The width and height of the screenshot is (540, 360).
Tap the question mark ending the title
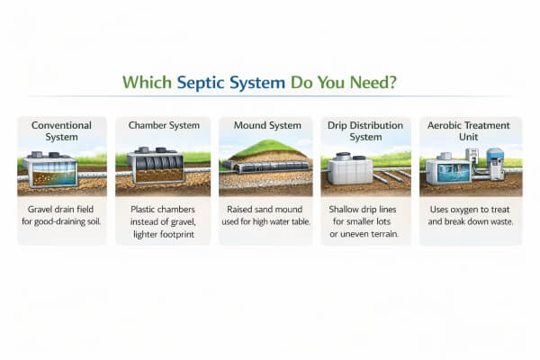(x=395, y=82)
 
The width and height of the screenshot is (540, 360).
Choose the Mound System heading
(x=267, y=125)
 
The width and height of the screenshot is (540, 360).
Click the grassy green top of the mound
(x=266, y=153)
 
